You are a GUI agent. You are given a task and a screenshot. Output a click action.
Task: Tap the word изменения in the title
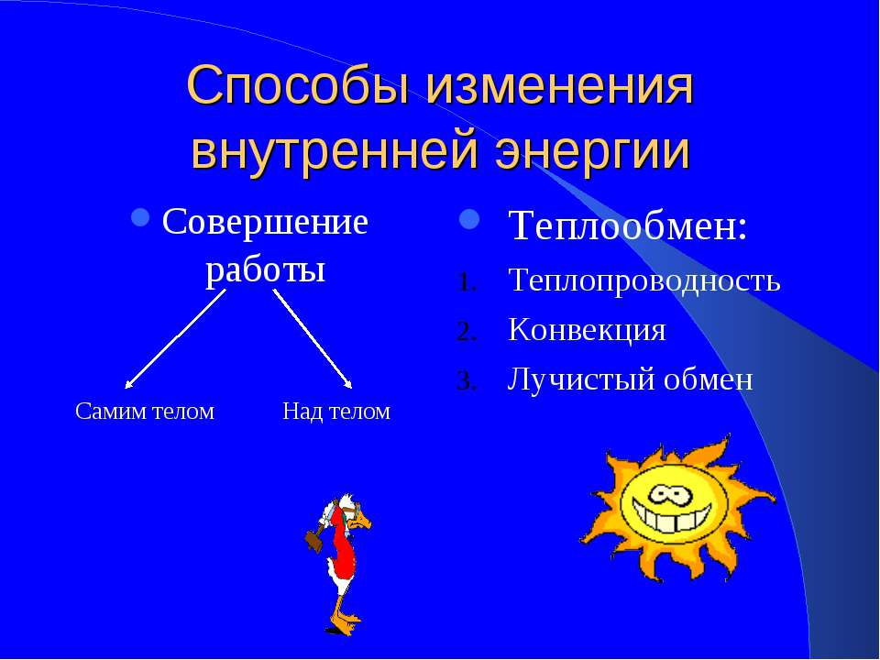[x=560, y=86]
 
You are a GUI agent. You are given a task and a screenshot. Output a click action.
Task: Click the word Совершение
[x=265, y=221]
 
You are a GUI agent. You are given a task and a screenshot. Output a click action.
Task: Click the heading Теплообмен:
[x=628, y=225]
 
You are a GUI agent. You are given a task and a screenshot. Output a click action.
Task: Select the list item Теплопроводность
[x=643, y=280]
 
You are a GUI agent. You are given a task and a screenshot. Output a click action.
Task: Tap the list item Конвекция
[x=587, y=329]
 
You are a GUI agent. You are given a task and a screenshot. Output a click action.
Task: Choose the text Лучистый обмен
[x=630, y=379]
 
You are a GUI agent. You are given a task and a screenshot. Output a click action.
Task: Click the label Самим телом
[x=145, y=412]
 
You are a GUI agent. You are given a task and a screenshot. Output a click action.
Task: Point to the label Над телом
[x=336, y=412]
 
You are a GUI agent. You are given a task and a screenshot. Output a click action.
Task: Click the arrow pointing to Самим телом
[x=175, y=339]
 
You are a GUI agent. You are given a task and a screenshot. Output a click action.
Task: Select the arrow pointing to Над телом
[x=313, y=339]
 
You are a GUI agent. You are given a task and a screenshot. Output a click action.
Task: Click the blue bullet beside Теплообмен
[x=469, y=219]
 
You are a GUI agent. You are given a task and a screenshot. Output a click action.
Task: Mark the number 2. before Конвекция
[x=467, y=332]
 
